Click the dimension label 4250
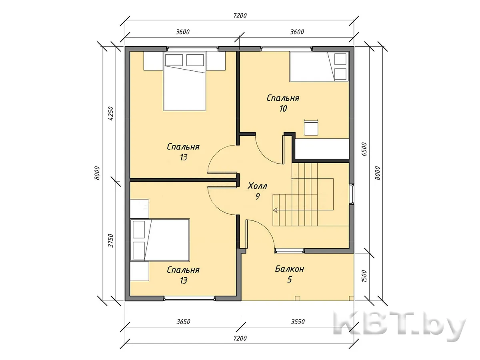tap(111, 114)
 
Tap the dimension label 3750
tap(111, 241)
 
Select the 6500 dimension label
tap(364, 149)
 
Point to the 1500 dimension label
tap(364, 276)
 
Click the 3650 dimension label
tap(183, 322)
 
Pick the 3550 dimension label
tap(298, 322)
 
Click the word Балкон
tap(289, 269)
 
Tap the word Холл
tap(257, 186)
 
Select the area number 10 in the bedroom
tap(283, 109)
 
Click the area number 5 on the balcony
tap(290, 280)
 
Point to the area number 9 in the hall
tap(258, 196)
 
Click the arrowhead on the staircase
tap(275, 210)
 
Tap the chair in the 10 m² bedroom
tap(311, 128)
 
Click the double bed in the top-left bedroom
tap(184, 81)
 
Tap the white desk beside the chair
tap(322, 149)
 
